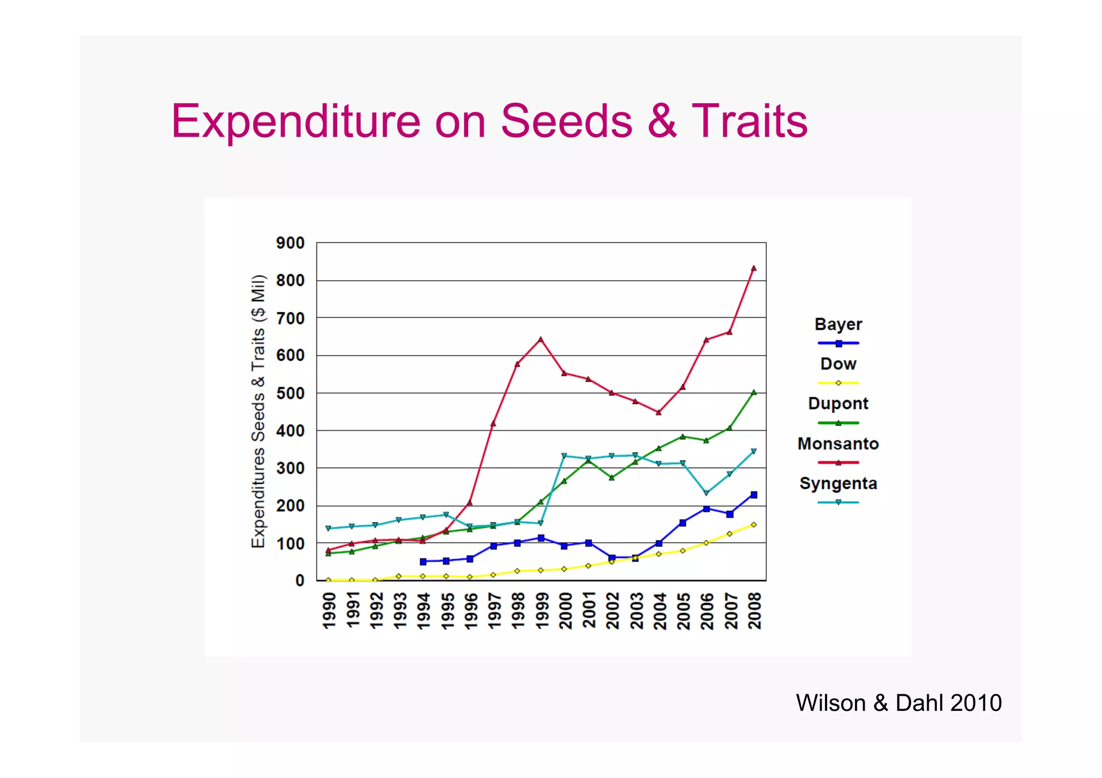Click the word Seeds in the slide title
566,122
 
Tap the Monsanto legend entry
838,444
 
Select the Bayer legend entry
838,325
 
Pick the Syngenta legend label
838,484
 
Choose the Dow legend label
838,364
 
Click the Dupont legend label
838,404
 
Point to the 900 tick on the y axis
290,243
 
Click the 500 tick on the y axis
290,394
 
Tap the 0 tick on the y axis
300,581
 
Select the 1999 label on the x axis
541,610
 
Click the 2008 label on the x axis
754,610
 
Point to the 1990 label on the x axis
329,610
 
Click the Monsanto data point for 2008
753,268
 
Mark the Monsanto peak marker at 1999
541,339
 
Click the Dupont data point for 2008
753,392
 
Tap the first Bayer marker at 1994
423,561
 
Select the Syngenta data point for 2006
706,493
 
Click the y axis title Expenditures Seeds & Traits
259,411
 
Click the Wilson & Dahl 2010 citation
899,703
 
